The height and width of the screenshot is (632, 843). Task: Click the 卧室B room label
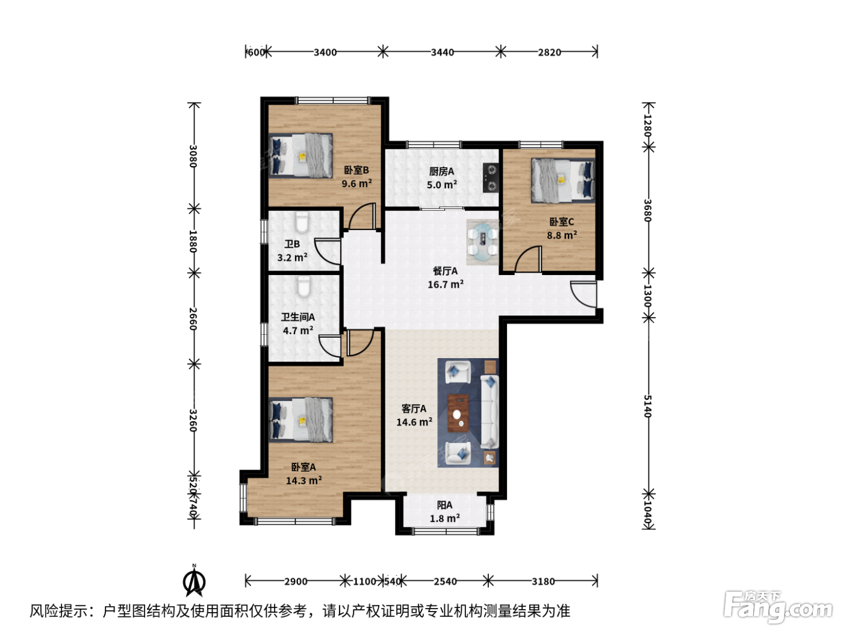tap(356, 170)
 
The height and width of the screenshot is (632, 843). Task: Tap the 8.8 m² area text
tap(562, 235)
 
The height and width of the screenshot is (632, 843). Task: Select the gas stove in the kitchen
tap(490, 178)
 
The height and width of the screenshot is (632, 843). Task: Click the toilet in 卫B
tap(302, 223)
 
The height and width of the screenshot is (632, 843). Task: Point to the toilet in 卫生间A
tap(304, 287)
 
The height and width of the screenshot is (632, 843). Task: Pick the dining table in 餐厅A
tap(483, 242)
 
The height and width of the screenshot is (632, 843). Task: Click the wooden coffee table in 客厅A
tap(458, 412)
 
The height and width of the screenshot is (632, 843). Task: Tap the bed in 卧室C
tap(562, 181)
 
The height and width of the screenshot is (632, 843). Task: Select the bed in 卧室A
tap(300, 420)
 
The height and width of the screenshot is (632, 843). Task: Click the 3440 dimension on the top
tap(442, 52)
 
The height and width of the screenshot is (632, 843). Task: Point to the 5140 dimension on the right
tap(647, 406)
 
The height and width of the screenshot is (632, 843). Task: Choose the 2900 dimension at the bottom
tap(296, 581)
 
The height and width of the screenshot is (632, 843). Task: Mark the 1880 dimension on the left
tap(193, 241)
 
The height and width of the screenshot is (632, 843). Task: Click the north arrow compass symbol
tap(194, 581)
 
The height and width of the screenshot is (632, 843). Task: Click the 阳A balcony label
tap(444, 505)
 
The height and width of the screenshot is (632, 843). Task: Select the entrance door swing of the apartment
tap(583, 294)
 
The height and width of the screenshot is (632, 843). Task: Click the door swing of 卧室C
tap(528, 259)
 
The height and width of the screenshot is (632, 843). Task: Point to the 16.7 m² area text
tap(446, 284)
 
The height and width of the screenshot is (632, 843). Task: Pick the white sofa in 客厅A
tap(490, 412)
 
